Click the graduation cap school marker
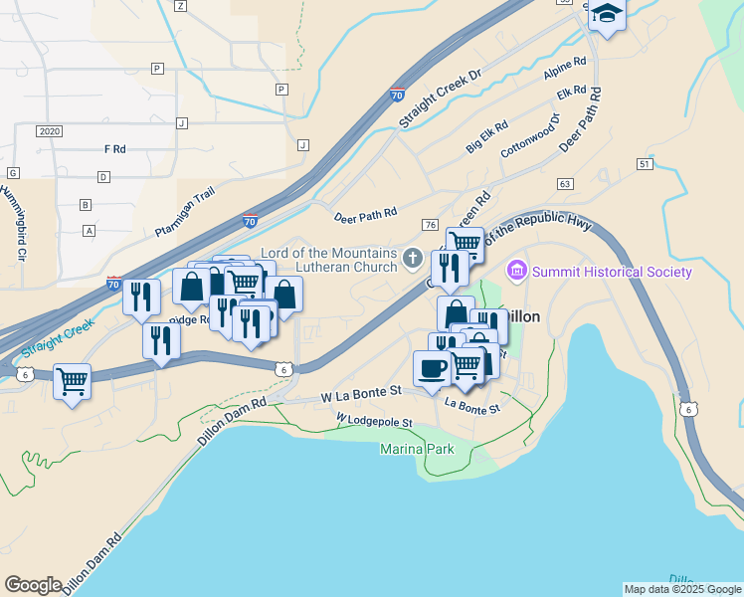point(606,16)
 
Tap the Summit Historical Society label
point(612,272)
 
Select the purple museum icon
point(516,270)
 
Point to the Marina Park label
point(417,450)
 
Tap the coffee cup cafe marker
point(432,369)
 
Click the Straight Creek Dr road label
point(440,98)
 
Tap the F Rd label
point(114,149)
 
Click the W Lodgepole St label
point(374,422)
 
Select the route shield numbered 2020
point(49,131)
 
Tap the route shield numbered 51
point(646,163)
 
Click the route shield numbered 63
point(566,184)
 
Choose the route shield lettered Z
point(180,6)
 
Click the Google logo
point(33,585)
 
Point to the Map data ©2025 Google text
point(682,589)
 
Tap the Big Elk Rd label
point(487,138)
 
